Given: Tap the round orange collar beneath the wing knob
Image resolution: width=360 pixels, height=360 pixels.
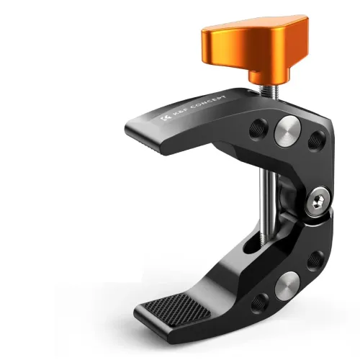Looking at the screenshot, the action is (x=269, y=78).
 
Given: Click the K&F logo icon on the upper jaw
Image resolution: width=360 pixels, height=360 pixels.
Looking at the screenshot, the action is (x=167, y=118).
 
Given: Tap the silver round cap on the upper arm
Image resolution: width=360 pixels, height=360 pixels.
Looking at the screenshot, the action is (x=287, y=131).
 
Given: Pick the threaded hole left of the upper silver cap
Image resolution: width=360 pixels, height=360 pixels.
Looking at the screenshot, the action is (x=258, y=130).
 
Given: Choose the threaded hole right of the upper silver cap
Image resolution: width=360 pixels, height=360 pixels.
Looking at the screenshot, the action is (x=317, y=140).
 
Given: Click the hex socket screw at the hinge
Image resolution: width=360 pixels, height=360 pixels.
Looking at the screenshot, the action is (x=318, y=202).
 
